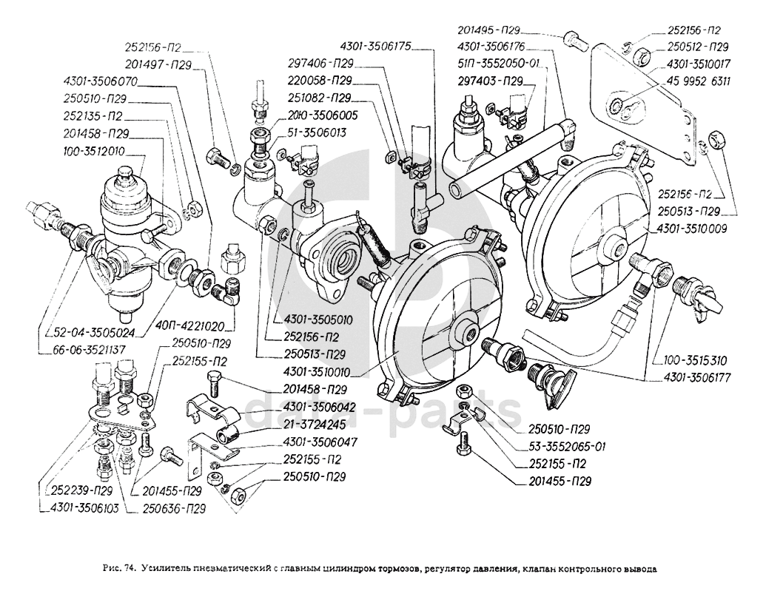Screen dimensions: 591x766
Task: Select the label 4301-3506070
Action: click(x=100, y=82)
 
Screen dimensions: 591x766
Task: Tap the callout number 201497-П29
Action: click(x=158, y=65)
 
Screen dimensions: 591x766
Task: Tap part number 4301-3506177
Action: click(x=692, y=377)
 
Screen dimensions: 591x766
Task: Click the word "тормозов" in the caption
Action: click(x=396, y=570)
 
